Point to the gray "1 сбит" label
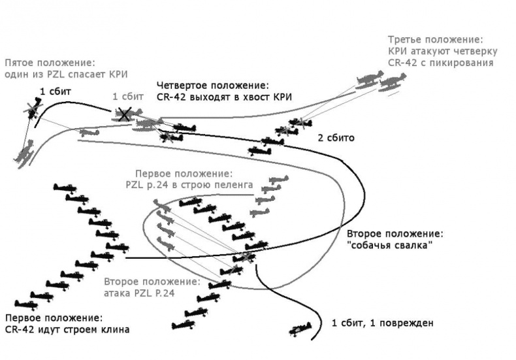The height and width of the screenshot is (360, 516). pyautogui.click(x=128, y=96)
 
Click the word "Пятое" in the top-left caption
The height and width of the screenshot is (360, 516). pyautogui.click(x=20, y=63)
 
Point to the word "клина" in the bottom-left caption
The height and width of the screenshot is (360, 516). pyautogui.click(x=115, y=329)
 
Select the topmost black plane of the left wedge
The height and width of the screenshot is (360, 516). pyautogui.click(x=65, y=188)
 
